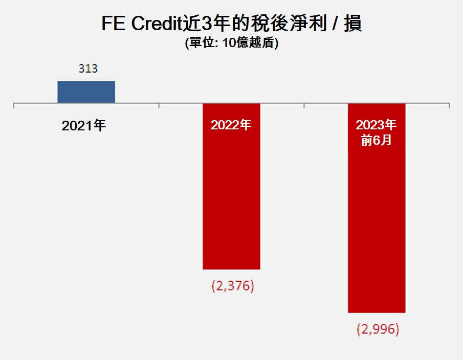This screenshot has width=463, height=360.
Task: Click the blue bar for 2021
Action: pos(86,92)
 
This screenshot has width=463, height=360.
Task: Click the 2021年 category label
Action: pos(83,126)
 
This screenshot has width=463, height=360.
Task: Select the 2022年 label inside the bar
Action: pos(231,125)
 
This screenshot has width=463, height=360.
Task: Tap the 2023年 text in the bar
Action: pos(377,125)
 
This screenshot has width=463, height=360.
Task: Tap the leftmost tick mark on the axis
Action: pos(14,105)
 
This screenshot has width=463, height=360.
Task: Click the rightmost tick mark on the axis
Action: pos(449,105)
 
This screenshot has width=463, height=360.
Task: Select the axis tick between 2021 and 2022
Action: pos(159,105)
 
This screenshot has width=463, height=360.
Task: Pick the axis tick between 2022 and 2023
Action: pos(304,105)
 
